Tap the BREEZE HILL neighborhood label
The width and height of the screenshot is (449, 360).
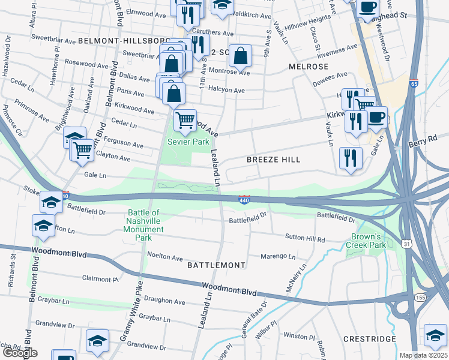click(273, 160)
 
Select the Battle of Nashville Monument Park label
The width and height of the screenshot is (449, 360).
click(143, 225)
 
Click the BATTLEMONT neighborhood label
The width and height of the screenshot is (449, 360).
click(216, 265)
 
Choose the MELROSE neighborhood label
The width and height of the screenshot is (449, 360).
click(309, 66)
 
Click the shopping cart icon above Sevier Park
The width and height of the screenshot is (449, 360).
click(185, 120)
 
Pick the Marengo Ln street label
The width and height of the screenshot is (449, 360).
click(278, 257)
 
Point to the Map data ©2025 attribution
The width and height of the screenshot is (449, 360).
click(423, 355)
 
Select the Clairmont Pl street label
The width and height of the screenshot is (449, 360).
click(100, 279)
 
